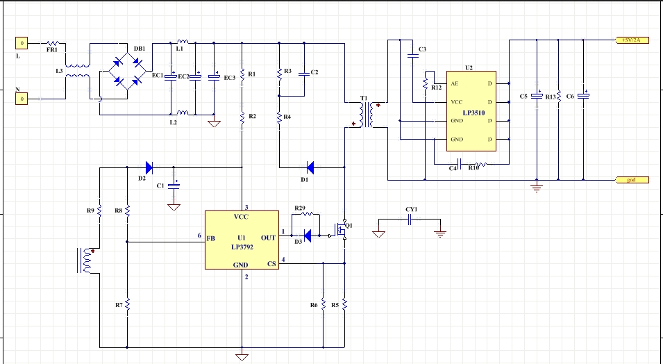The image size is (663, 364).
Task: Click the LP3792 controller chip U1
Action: coord(242,240)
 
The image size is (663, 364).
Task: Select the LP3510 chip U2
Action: coord(470,111)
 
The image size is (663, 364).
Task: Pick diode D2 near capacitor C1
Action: coord(148,167)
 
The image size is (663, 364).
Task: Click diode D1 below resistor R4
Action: coord(310,167)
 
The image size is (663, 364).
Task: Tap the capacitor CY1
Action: coord(410,220)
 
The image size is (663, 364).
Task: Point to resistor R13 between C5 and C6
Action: coord(559,97)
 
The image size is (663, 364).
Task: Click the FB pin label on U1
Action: coord(210,238)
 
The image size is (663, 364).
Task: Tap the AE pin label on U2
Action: coord(455,83)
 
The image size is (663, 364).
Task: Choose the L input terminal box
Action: coord(22,44)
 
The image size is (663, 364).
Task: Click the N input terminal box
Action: coord(22,99)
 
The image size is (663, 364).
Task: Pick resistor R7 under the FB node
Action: coord(128,305)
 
